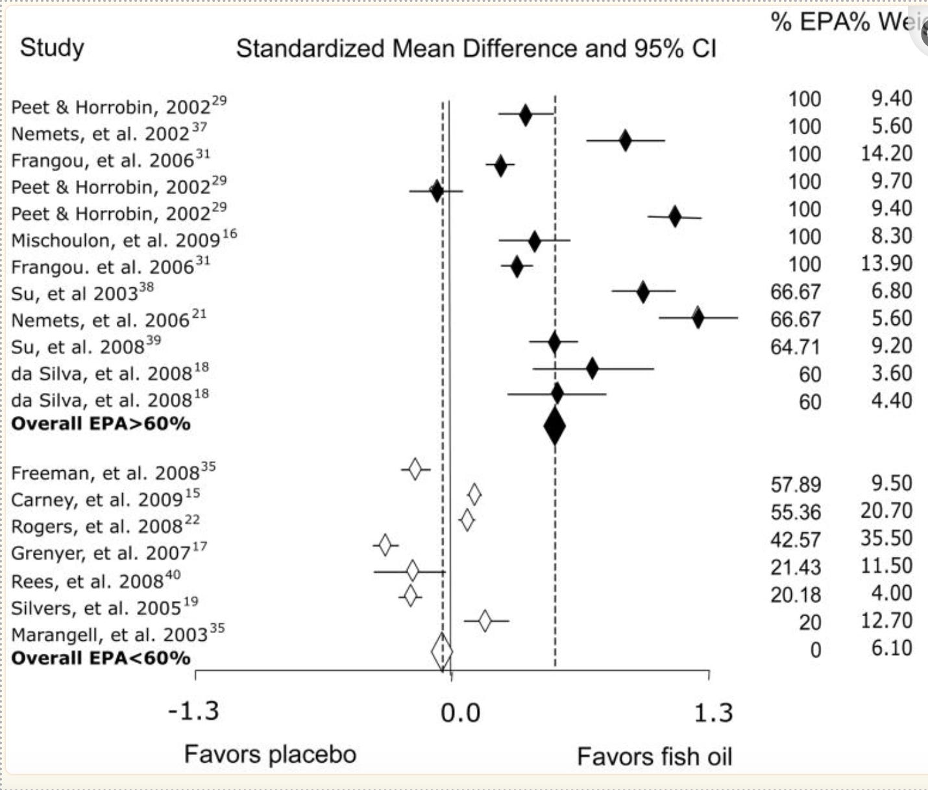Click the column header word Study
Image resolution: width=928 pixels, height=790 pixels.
pyautogui.click(x=52, y=48)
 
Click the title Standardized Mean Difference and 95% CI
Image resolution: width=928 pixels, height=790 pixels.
pyautogui.click(x=476, y=49)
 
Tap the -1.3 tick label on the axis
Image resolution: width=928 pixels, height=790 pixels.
pyautogui.click(x=193, y=712)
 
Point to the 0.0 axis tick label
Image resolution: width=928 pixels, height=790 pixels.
pyautogui.click(x=460, y=713)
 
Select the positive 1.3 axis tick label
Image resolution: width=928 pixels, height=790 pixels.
pyautogui.click(x=713, y=713)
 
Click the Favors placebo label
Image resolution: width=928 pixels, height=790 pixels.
pyautogui.click(x=270, y=754)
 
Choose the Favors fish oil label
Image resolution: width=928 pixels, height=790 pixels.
pyautogui.click(x=654, y=756)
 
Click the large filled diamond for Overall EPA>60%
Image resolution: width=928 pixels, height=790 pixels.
pyautogui.click(x=554, y=427)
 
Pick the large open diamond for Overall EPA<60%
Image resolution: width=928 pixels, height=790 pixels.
pyautogui.click(x=442, y=652)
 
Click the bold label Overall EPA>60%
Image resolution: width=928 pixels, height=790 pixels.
pyautogui.click(x=101, y=424)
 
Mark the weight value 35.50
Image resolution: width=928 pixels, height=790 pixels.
pyautogui.click(x=886, y=538)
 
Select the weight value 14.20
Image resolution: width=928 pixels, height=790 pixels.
pyautogui.click(x=886, y=154)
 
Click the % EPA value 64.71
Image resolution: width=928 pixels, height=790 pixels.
pyautogui.click(x=795, y=346)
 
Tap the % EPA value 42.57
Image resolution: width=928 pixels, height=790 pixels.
pyautogui.click(x=795, y=540)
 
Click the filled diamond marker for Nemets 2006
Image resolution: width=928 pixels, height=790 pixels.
pyautogui.click(x=698, y=318)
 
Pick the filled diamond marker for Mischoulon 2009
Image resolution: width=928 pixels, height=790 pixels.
pyautogui.click(x=534, y=243)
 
